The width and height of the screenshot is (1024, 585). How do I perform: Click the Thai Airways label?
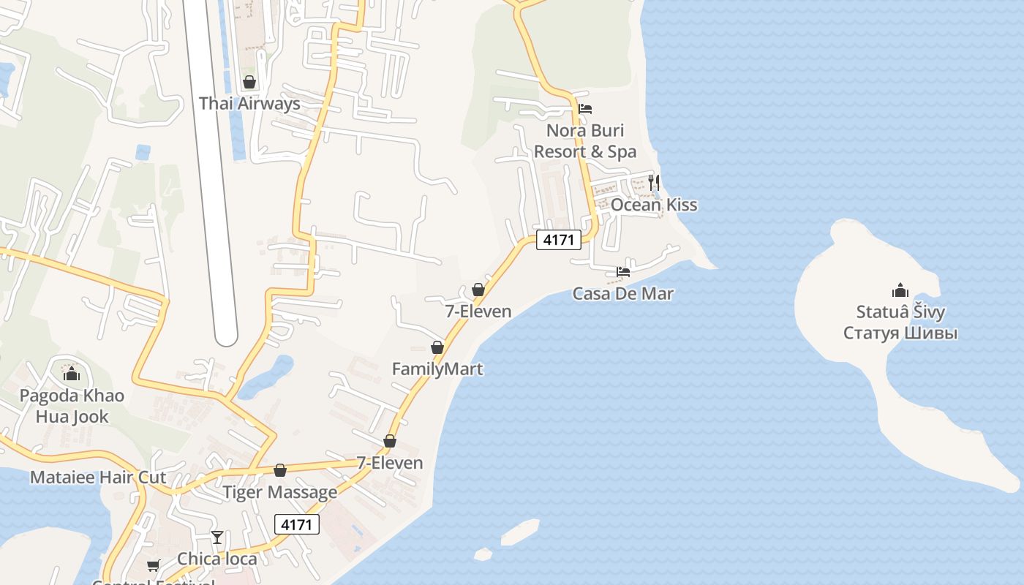[x=249, y=103]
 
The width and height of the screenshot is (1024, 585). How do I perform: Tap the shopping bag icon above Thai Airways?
[x=249, y=82]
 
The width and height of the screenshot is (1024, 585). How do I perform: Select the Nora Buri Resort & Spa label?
[x=584, y=141]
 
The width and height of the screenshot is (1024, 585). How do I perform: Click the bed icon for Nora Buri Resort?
[x=585, y=109]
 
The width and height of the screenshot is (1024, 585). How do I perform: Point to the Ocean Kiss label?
[x=654, y=205]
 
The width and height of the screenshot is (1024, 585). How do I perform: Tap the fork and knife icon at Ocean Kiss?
[x=654, y=182]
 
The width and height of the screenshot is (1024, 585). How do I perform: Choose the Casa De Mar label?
[x=622, y=294]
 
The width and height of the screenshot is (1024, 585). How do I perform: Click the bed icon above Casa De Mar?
[x=623, y=272]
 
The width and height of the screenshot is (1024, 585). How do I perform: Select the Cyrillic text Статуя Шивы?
[x=900, y=333]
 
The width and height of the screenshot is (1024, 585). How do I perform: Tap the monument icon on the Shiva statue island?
[x=900, y=290]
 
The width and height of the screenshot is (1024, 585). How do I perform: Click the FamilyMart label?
[x=437, y=369]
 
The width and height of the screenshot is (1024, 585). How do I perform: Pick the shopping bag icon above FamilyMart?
[x=437, y=347]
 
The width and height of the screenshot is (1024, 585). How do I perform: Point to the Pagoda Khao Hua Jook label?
[x=72, y=406]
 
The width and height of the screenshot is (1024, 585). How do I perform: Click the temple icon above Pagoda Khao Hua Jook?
[x=72, y=374]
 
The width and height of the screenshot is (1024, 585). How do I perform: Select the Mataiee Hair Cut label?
[x=98, y=478]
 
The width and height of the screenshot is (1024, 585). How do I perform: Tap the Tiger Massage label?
[x=280, y=492]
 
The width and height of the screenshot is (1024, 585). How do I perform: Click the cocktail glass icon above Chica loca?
[x=217, y=537]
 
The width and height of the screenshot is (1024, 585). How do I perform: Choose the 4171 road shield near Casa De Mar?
[x=559, y=239]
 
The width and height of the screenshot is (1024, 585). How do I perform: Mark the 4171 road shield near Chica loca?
[x=297, y=524]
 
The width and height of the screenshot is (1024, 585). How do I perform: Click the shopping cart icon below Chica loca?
[x=154, y=565]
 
